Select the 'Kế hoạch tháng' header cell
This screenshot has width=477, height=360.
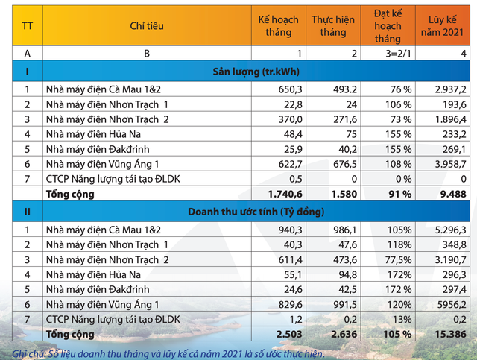tap(277, 25)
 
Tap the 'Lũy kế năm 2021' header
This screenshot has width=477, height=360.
tap(446, 25)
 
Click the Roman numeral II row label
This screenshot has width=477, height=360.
tap(27, 212)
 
